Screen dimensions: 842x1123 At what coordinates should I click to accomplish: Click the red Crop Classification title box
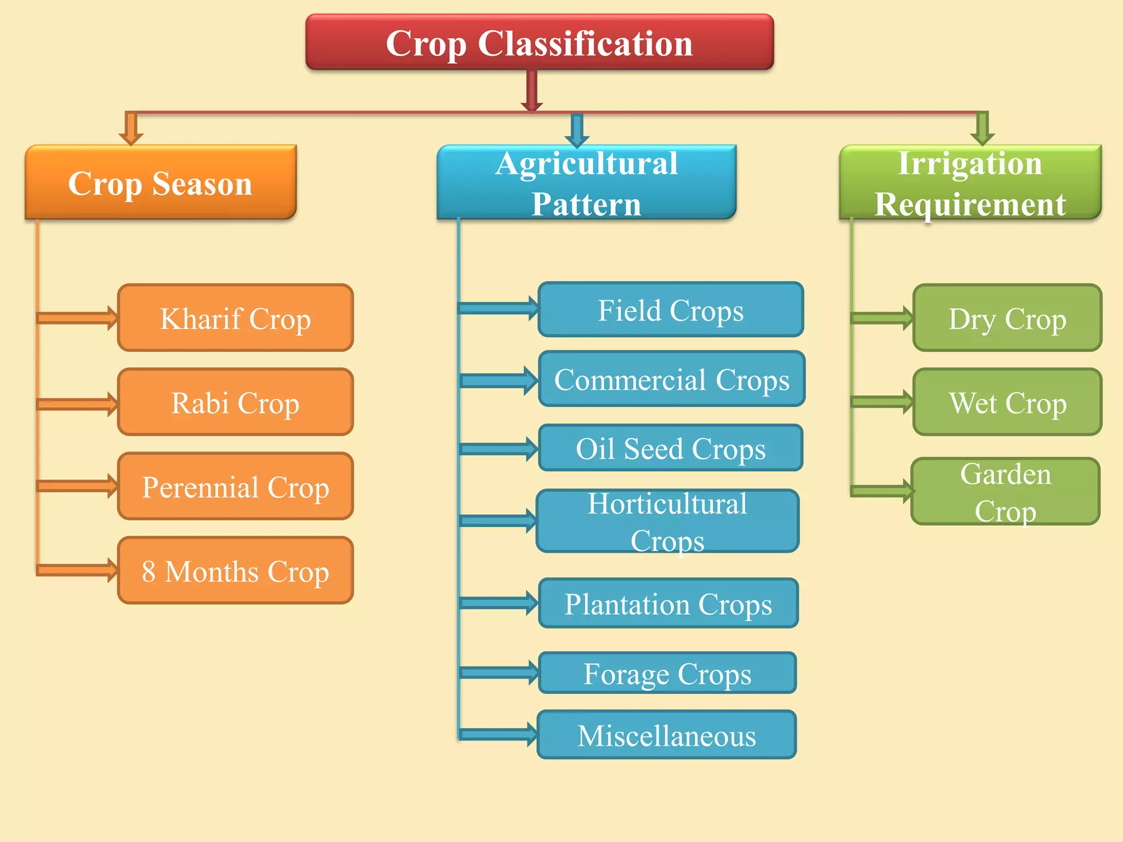(x=540, y=43)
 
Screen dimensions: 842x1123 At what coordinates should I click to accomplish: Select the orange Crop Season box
(x=161, y=183)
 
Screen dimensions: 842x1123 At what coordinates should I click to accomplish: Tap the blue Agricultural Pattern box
(x=586, y=183)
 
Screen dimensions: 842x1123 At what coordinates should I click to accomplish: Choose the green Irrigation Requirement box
(x=970, y=183)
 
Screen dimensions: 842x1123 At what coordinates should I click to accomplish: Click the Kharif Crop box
(x=235, y=318)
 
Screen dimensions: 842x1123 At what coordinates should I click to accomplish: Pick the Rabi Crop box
(x=235, y=402)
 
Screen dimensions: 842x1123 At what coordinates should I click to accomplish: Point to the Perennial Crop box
(x=235, y=486)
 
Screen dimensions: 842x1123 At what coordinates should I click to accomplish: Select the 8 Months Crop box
(x=235, y=571)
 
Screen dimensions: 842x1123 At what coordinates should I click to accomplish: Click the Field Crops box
(x=671, y=310)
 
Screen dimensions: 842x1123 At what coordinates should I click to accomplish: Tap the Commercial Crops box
(x=672, y=379)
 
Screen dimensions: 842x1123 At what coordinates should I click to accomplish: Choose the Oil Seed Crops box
(x=671, y=448)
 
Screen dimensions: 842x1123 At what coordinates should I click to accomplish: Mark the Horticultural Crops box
(x=667, y=521)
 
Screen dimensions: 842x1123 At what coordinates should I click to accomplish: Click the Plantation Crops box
(x=668, y=604)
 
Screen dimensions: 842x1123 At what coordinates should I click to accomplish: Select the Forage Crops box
(x=667, y=673)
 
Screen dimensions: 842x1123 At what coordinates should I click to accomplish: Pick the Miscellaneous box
(x=666, y=735)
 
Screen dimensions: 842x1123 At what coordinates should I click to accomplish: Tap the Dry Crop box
(x=1007, y=318)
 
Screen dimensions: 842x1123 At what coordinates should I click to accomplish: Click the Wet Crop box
(x=1007, y=402)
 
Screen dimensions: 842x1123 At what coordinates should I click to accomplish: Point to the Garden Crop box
(x=1005, y=492)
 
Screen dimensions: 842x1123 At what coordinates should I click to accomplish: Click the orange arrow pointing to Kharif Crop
(x=77, y=318)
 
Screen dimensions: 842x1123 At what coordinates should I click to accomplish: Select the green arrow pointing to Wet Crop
(x=881, y=402)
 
